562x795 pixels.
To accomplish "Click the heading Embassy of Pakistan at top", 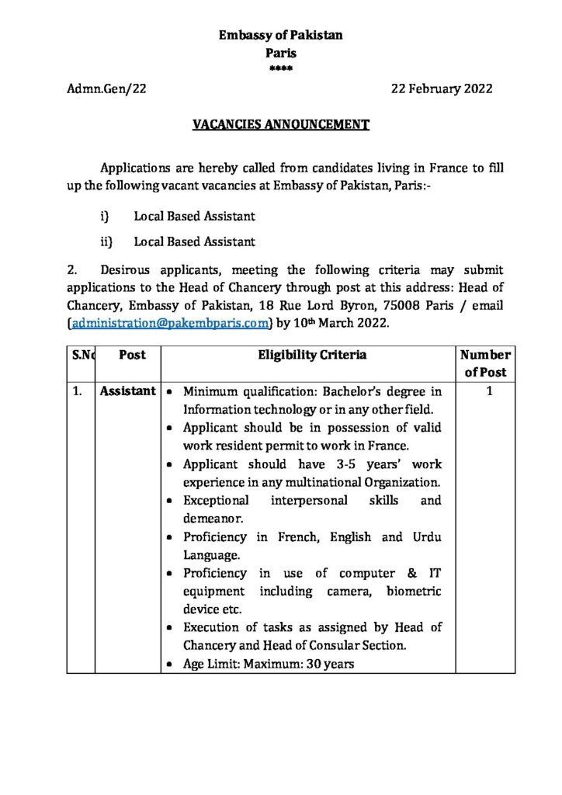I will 280,35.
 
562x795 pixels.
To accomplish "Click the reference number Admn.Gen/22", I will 107,89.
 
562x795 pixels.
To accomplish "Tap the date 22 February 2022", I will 441,89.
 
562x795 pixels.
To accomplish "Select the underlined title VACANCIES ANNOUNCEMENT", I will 281,124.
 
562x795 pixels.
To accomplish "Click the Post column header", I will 133,355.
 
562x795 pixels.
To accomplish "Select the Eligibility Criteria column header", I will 313,355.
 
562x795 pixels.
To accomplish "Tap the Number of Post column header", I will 485,363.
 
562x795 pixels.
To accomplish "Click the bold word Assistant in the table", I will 127,392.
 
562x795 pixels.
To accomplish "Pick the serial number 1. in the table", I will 78,392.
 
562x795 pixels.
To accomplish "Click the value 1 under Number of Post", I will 489,392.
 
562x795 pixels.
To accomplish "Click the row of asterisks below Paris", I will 280,70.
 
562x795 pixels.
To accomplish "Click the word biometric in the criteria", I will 413,592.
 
